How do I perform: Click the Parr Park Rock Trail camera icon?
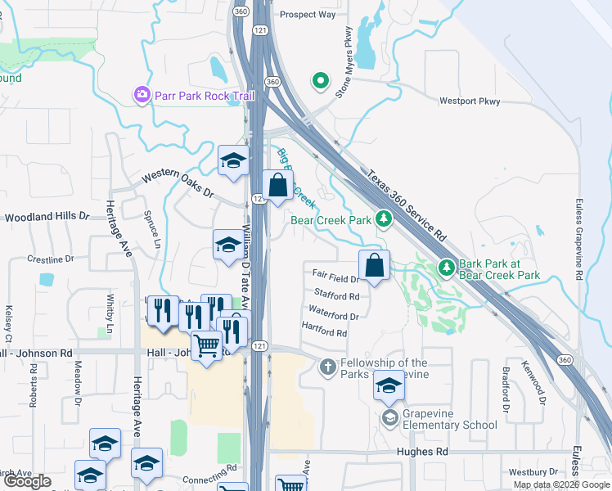click(142, 96)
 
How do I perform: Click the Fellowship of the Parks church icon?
click(327, 367)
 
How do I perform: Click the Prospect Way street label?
click(308, 15)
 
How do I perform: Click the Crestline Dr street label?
click(51, 259)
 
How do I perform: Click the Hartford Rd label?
click(324, 333)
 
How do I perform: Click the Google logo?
click(27, 482)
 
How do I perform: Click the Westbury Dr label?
click(532, 472)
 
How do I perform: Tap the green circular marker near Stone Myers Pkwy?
click(320, 81)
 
